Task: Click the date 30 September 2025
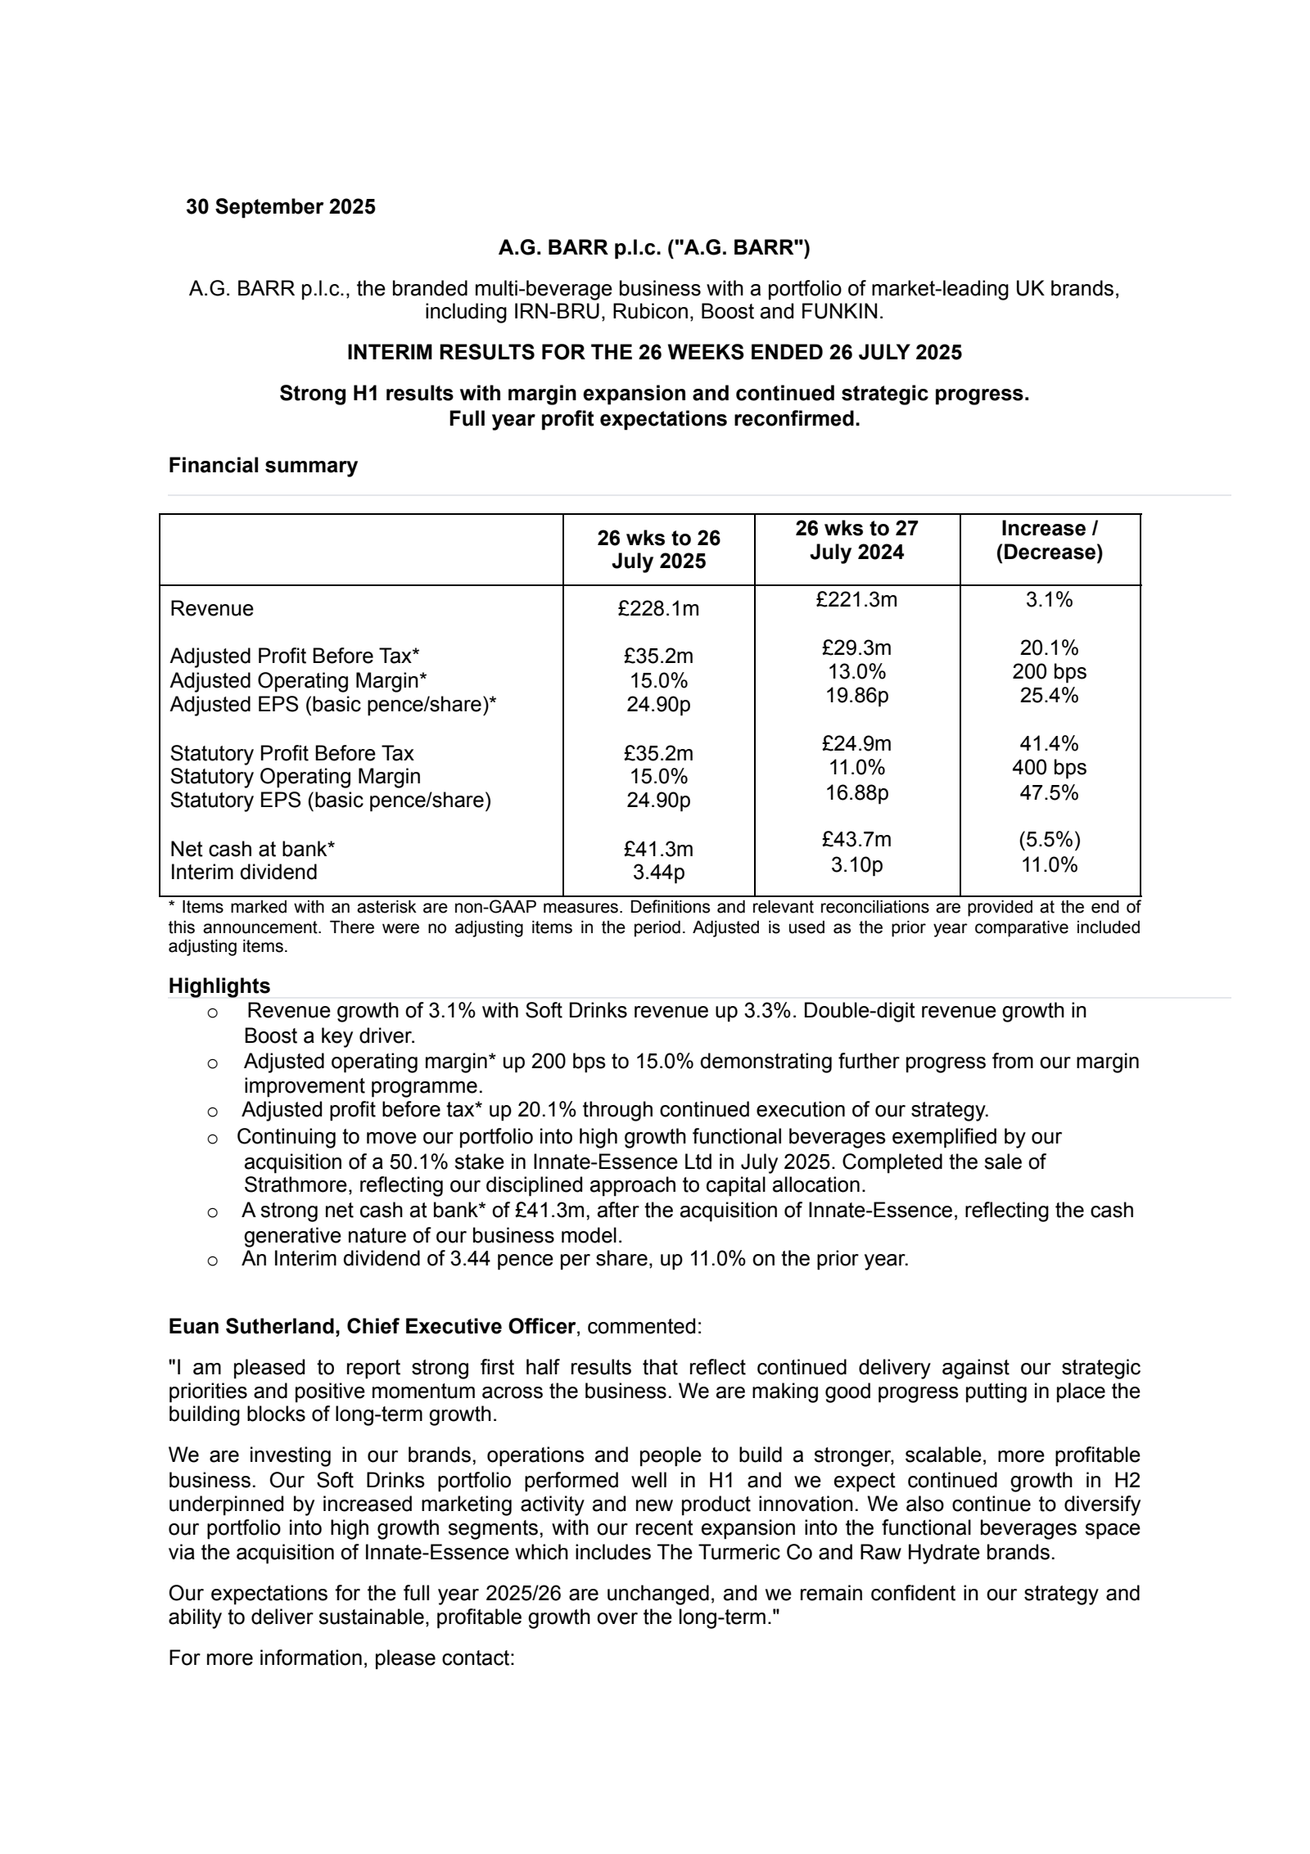(x=280, y=207)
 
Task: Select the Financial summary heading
(x=263, y=466)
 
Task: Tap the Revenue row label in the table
(x=212, y=609)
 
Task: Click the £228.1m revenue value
(x=658, y=609)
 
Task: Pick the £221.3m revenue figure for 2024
(x=856, y=600)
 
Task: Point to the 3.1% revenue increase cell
(x=1049, y=600)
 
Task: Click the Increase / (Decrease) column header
(x=1049, y=540)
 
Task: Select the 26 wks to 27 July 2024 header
(x=856, y=540)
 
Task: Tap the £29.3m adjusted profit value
(x=856, y=648)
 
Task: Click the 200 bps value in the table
(x=1049, y=672)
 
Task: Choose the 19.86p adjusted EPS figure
(x=856, y=696)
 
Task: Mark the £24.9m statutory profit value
(x=856, y=744)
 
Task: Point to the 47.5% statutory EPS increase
(x=1049, y=792)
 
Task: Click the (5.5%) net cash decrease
(x=1049, y=840)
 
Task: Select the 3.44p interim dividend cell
(x=658, y=873)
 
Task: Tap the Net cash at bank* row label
(x=252, y=849)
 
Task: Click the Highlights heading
(x=219, y=986)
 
